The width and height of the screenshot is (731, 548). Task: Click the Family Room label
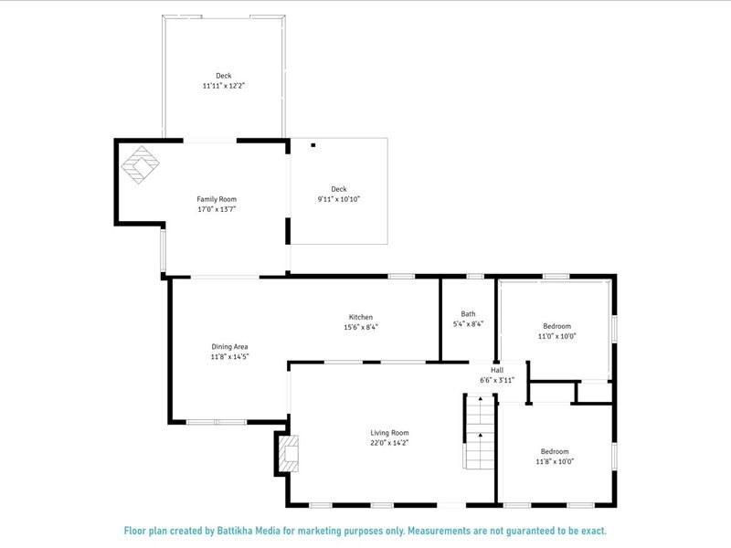[x=217, y=198]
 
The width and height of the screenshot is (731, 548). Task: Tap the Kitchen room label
[x=361, y=317]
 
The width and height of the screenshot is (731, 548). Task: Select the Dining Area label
[x=229, y=346]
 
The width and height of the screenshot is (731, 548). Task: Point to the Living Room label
[x=389, y=433]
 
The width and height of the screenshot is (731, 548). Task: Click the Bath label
[x=468, y=313]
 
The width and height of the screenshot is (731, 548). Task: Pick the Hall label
[x=497, y=370]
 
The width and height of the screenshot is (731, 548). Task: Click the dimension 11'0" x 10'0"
[x=556, y=336]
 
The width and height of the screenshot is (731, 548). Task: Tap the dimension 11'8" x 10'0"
[x=555, y=461]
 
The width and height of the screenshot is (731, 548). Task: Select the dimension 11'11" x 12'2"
[x=224, y=85]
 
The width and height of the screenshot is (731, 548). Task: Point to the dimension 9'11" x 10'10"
[x=339, y=199]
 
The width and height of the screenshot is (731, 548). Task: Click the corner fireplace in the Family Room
[x=141, y=164]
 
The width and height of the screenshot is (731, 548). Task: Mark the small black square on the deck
[x=313, y=144]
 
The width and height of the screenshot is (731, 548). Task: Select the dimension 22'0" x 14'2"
[x=389, y=443]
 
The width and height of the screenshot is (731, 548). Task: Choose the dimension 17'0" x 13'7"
[x=217, y=208]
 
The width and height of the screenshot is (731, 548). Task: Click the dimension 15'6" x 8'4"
[x=361, y=327]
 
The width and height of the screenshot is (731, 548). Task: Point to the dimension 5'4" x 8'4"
[x=468, y=323]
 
